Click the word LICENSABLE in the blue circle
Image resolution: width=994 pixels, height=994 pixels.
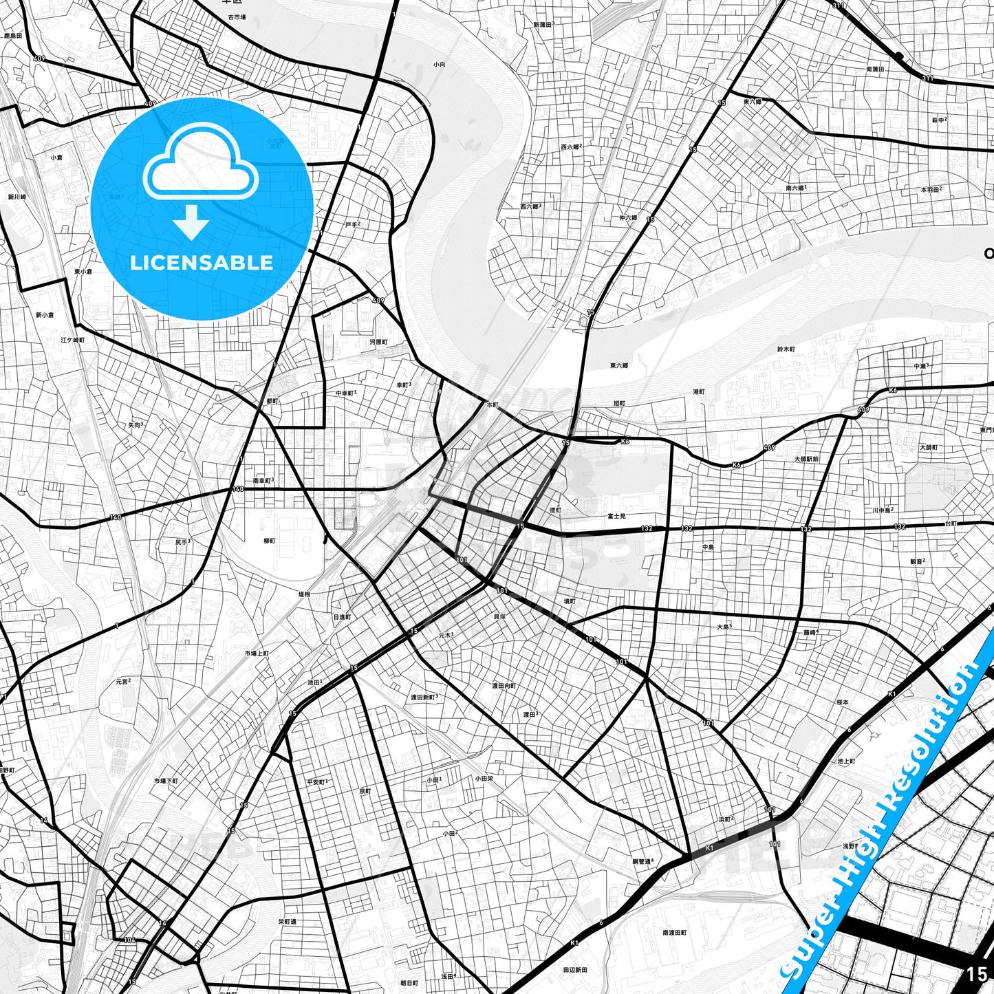(x=202, y=262)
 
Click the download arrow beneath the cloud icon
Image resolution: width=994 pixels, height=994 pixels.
(x=191, y=222)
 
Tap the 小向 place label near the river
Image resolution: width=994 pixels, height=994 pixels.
(x=439, y=64)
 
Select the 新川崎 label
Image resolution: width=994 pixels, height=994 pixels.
(x=17, y=197)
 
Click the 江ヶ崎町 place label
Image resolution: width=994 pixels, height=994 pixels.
(x=72, y=340)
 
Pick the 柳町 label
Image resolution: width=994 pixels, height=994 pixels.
(x=269, y=541)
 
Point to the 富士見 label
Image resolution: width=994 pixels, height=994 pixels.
(x=616, y=515)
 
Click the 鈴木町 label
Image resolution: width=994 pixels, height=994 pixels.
(x=786, y=349)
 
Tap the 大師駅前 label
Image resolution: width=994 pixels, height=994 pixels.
(x=806, y=459)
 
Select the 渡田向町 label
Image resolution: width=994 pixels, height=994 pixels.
(x=503, y=686)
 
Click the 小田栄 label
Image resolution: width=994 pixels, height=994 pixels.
(x=484, y=779)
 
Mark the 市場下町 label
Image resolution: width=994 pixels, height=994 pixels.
(x=166, y=781)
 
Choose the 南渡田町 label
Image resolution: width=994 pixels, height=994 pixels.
(x=674, y=933)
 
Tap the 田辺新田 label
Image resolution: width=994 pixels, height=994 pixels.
(x=575, y=970)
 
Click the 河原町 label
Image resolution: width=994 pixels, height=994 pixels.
(x=378, y=342)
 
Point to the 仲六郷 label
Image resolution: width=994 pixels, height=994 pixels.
(x=627, y=218)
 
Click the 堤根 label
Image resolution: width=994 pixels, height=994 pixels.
(x=303, y=594)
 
